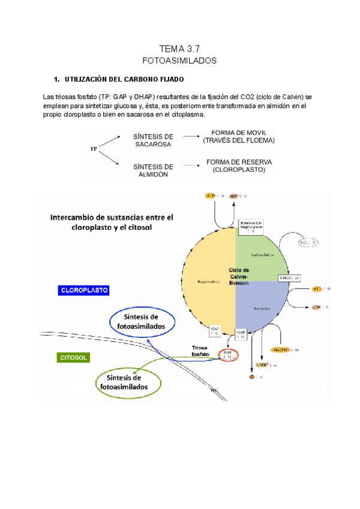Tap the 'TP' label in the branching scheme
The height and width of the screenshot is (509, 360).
click(x=94, y=149)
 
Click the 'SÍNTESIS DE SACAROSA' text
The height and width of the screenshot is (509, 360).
click(x=153, y=140)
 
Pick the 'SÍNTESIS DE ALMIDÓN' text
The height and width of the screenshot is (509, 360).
click(x=153, y=170)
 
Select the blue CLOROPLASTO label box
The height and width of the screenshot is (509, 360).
click(x=83, y=290)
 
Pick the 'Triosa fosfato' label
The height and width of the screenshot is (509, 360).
click(x=200, y=351)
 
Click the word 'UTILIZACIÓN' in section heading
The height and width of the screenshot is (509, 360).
click(x=89, y=79)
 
